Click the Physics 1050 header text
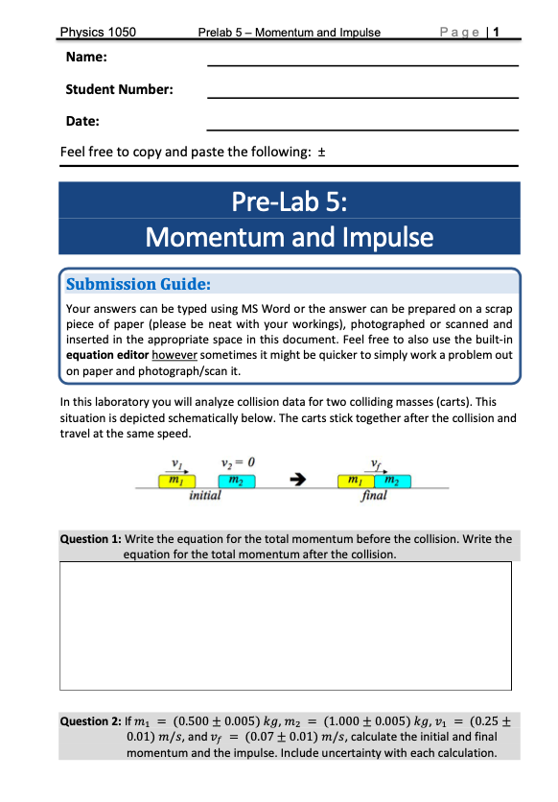click(98, 33)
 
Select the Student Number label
click(119, 89)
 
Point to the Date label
click(83, 121)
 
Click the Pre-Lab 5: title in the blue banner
click(289, 203)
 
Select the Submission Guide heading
click(138, 284)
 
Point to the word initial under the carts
click(205, 496)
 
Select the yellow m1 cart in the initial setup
click(175, 481)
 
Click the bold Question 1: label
click(90, 539)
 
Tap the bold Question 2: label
click(90, 719)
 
